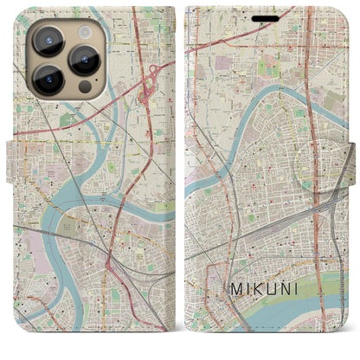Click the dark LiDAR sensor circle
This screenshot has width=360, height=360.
tap(84, 87)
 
